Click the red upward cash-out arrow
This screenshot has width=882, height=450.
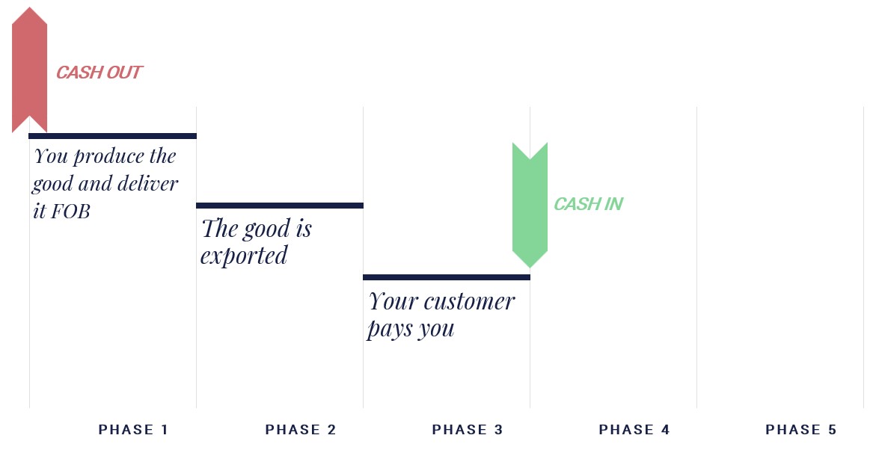point(29,70)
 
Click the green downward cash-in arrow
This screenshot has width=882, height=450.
point(530,205)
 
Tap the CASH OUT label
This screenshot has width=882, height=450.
point(99,73)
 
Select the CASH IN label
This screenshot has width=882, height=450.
point(589,204)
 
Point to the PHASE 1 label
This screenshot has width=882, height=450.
point(133,430)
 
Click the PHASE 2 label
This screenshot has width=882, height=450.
point(301,430)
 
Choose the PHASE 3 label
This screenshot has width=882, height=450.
point(468,430)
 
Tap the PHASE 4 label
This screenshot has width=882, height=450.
point(634,430)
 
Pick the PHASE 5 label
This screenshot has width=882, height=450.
point(801,430)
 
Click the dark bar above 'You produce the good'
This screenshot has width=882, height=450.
point(112,136)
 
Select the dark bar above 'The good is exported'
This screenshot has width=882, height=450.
point(280,206)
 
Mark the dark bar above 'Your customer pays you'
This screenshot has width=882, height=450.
point(447,277)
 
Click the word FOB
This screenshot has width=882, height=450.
point(70,212)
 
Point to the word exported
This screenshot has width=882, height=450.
point(244,256)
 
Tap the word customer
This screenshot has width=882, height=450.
point(469,302)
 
